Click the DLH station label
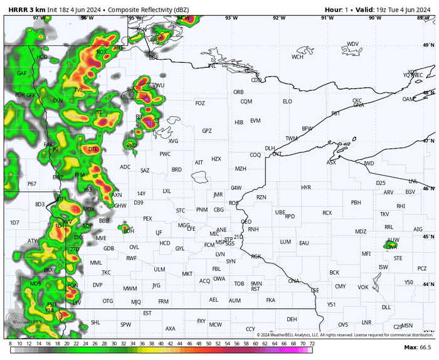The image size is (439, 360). pos(270,148)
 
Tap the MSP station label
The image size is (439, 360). pos(220,243)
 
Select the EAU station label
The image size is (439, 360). pos(304,243)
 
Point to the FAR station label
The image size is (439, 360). pos(48,145)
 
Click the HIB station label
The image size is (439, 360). pos(238,122)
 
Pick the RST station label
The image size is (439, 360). pos(255,289)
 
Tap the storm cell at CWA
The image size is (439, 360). pos(392,245)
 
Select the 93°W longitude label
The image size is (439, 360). pos(231,18)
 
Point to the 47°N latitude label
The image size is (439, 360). pos(429,141)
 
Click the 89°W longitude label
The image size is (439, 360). pos(424,18)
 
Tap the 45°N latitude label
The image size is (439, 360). pos(429,236)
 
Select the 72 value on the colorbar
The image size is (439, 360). pos(312,344)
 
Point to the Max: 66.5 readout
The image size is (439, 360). pos(416,347)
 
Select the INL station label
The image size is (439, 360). pos(212,65)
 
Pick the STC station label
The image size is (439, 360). pos(181,210)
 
